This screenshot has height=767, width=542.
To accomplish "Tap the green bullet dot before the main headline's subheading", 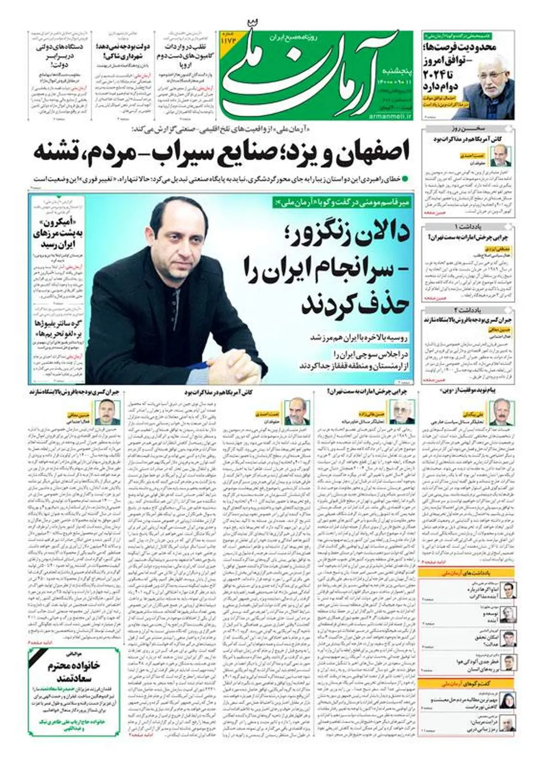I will tap(405, 179).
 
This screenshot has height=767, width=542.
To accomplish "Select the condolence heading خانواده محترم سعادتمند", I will tap(75, 672).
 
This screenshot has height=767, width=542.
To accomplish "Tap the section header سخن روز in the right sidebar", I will tap(468, 128).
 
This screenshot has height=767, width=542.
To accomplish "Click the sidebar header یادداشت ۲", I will tap(468, 310).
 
